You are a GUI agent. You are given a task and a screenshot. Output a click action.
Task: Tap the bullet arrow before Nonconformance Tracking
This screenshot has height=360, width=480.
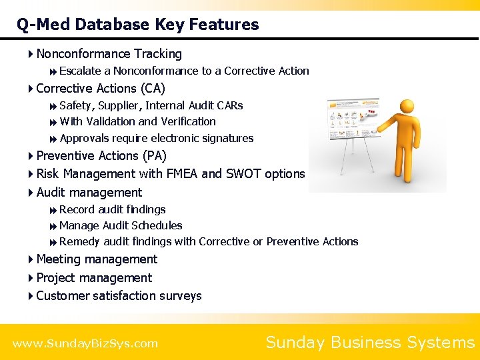pos(31,54)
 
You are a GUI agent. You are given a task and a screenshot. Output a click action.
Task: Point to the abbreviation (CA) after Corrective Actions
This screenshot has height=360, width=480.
pos(153,89)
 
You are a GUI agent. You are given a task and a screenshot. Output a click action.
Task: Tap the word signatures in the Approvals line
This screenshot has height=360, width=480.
pos(228,139)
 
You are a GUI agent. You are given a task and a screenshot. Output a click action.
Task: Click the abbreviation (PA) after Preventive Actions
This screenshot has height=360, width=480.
pos(153,156)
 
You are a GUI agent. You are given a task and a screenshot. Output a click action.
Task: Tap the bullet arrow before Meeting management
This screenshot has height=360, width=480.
pos(31,259)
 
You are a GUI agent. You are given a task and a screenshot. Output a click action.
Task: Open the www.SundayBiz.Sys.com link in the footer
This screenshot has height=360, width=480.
pos(85,344)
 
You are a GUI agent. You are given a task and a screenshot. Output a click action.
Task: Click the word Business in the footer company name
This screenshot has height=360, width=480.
pos(370,343)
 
